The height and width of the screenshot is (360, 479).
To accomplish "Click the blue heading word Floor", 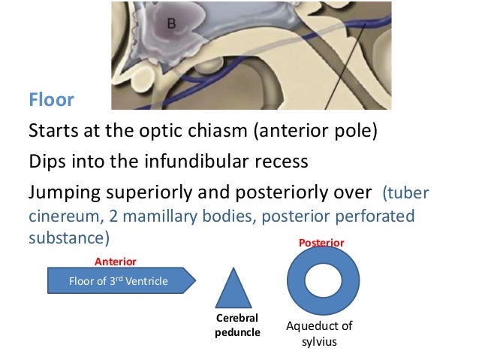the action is [x=51, y=99].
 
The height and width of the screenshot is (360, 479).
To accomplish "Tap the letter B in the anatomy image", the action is [x=172, y=24].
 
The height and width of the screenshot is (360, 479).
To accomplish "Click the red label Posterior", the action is [x=321, y=244].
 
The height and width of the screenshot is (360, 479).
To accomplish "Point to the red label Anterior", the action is [x=114, y=261].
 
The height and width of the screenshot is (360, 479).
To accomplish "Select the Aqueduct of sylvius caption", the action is [x=320, y=333].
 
